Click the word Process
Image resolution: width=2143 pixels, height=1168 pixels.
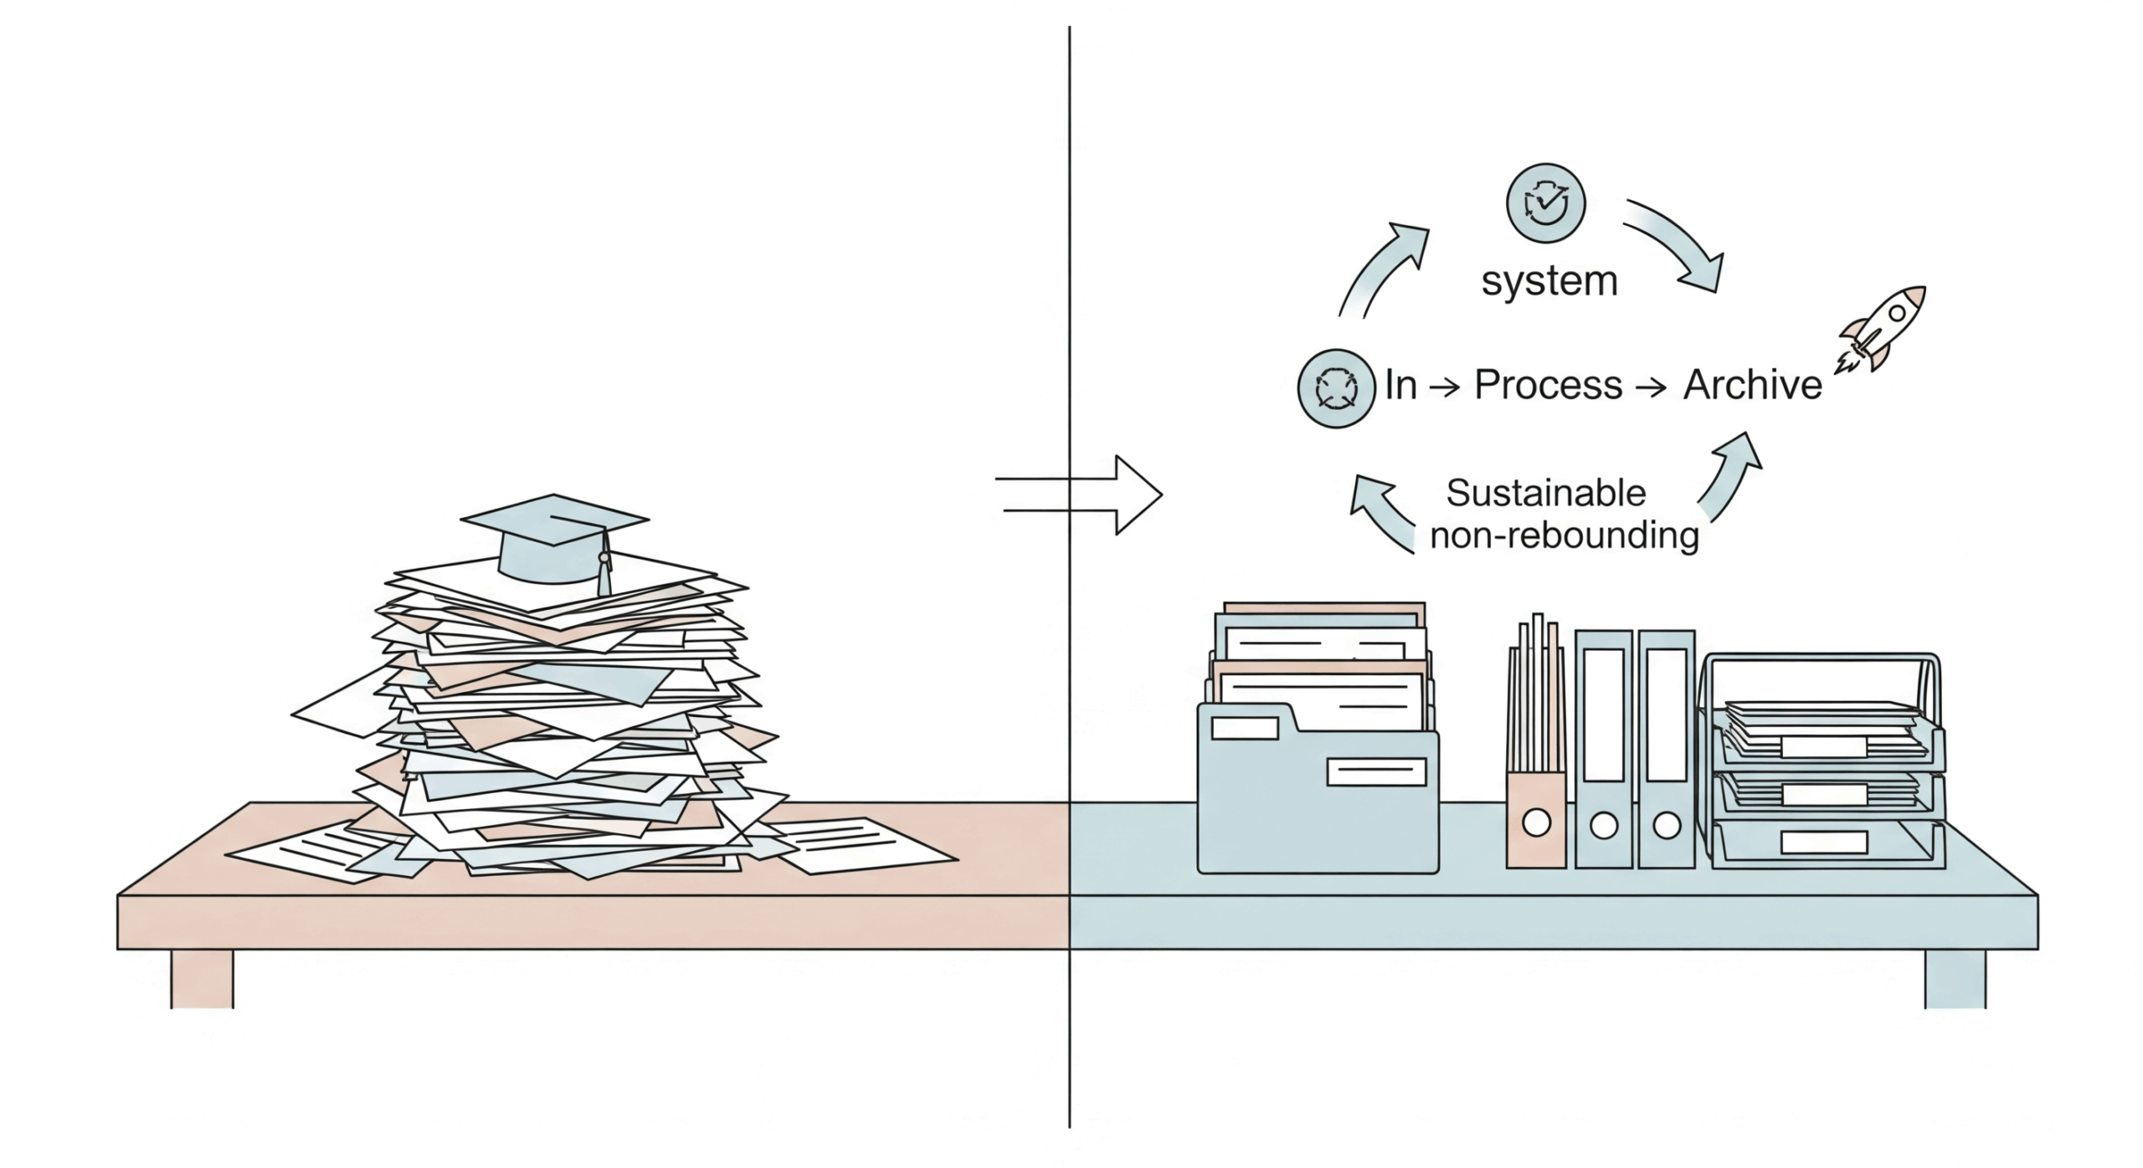pyautogui.click(x=1548, y=385)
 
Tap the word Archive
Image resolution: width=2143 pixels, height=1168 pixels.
pyautogui.click(x=1752, y=385)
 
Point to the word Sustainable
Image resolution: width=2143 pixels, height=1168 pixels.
pyautogui.click(x=1545, y=493)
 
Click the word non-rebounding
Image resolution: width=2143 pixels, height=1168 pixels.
pyautogui.click(x=1564, y=535)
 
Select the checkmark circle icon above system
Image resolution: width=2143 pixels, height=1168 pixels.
pyautogui.click(x=1545, y=203)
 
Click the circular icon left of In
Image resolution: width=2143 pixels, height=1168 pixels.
pyautogui.click(x=1336, y=388)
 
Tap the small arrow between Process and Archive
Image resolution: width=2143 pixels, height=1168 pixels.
pyautogui.click(x=1652, y=387)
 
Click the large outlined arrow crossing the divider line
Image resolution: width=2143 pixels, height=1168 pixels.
pyautogui.click(x=1088, y=494)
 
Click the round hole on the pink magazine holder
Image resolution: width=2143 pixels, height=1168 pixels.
pyautogui.click(x=1536, y=823)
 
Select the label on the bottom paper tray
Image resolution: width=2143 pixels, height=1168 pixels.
pyautogui.click(x=1823, y=842)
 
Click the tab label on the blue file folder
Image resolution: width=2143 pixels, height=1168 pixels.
pyautogui.click(x=1244, y=728)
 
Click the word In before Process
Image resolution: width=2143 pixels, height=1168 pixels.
pyautogui.click(x=1400, y=385)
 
